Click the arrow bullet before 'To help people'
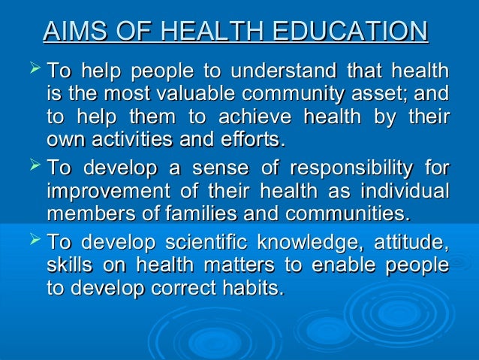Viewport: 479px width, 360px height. coord(33,73)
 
